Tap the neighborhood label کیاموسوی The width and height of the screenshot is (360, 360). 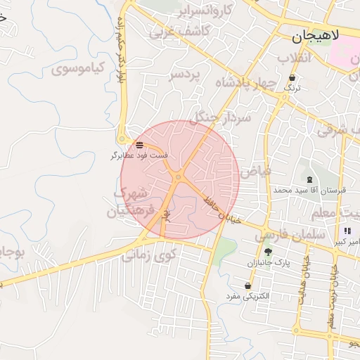[x=79, y=69]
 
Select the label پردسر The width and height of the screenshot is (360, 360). [x=185, y=75]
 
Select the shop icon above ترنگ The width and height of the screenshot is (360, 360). [x=292, y=77]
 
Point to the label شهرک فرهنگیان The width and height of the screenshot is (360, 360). [x=130, y=202]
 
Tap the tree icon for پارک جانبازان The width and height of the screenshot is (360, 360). [x=267, y=252]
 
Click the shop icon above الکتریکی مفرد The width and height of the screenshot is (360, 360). [x=247, y=285]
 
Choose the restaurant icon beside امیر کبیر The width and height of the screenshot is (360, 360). [x=347, y=231]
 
